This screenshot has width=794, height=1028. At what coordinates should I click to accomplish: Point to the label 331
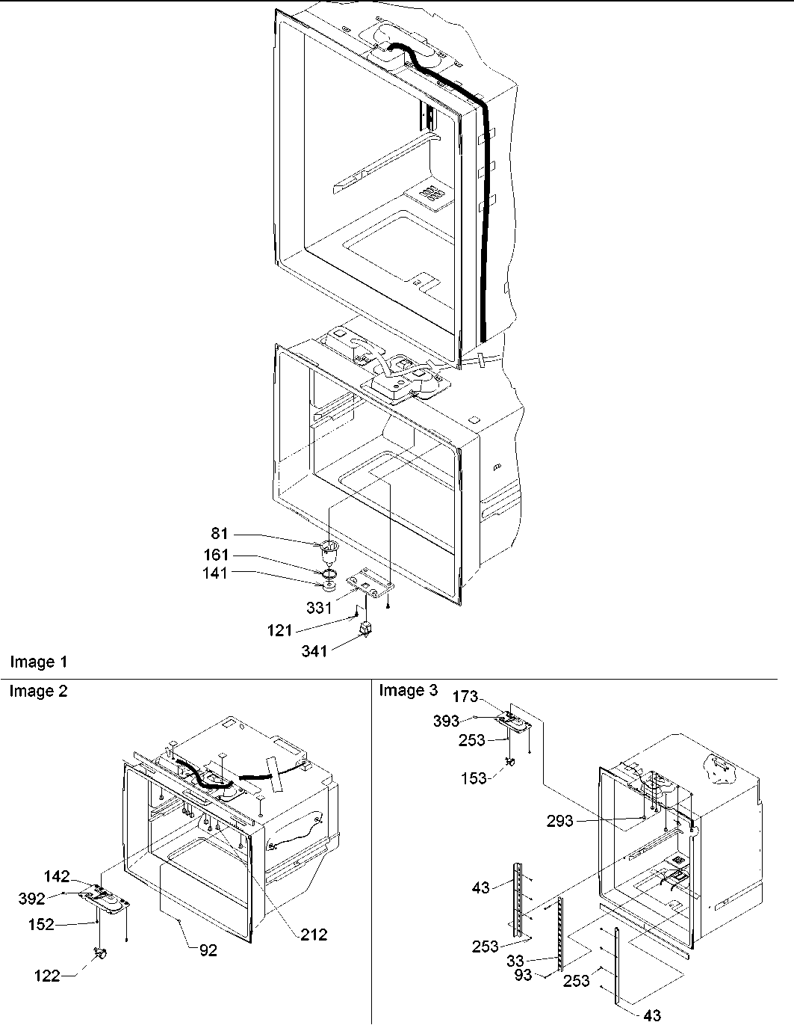319,608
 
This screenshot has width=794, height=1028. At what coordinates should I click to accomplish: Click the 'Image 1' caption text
38,662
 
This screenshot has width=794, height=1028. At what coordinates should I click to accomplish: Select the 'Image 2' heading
38,692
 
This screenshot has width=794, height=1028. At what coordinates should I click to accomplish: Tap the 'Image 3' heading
408,690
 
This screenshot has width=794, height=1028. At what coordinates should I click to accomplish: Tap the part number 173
465,697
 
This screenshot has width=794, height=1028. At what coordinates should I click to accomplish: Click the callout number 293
559,821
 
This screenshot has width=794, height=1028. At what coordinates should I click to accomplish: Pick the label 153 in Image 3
474,778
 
